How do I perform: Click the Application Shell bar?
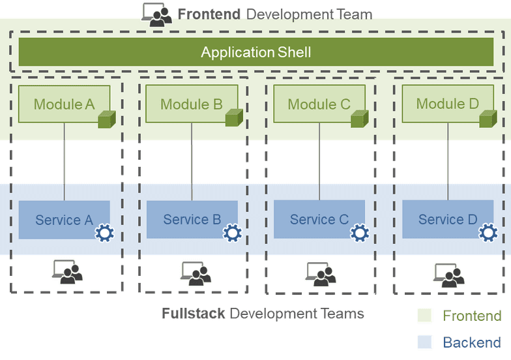[255, 52]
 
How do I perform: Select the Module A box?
[64, 104]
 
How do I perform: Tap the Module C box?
[319, 104]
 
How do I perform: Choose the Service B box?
[192, 219]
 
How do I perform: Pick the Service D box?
[448, 219]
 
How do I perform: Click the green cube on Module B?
[234, 117]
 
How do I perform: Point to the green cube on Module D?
[488, 119]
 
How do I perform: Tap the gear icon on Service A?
[104, 233]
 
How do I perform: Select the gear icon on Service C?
[360, 233]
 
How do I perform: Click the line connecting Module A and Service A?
[64, 162]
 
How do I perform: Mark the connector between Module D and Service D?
[448, 162]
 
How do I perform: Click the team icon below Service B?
[196, 274]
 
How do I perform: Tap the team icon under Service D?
[448, 275]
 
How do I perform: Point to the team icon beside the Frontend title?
[156, 14]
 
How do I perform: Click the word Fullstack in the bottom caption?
[193, 313]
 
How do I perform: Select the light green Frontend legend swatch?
[424, 316]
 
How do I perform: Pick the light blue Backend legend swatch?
[424, 342]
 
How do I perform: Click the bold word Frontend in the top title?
[209, 14]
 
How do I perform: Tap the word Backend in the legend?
[472, 342]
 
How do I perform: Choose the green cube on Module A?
[107, 119]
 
